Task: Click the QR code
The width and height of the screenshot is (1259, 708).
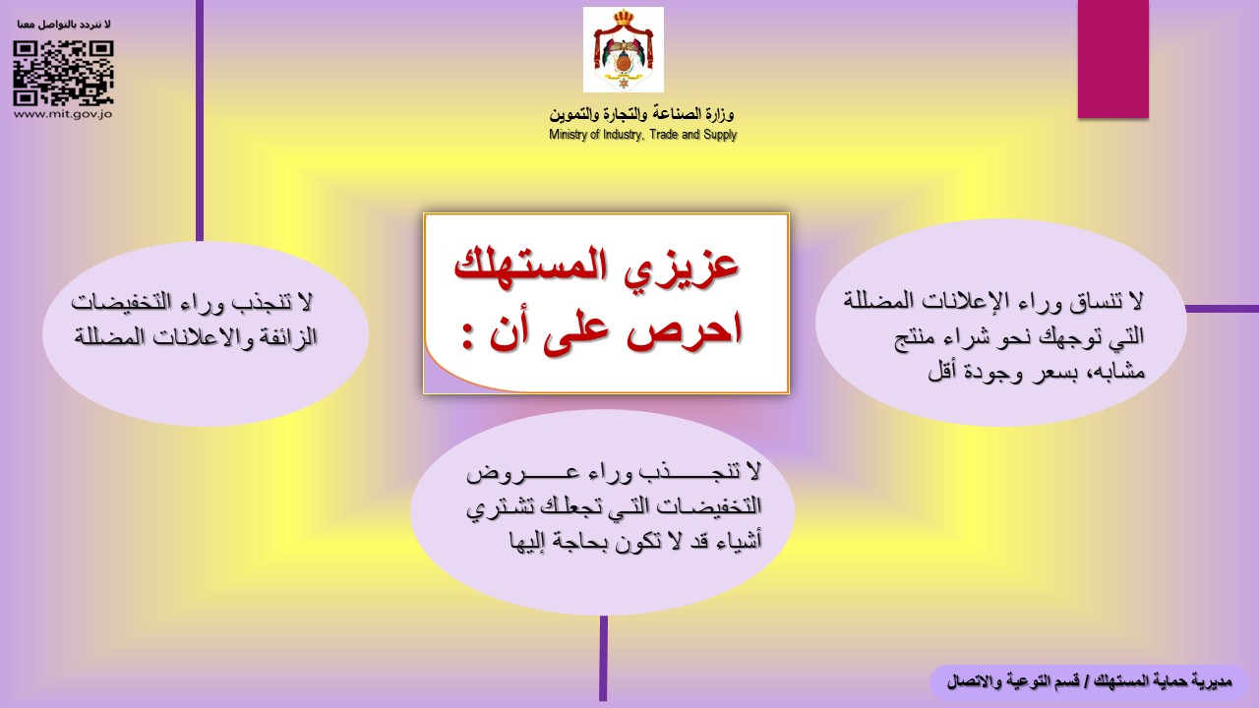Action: (x=64, y=73)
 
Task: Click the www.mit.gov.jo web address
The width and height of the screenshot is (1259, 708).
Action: (x=63, y=114)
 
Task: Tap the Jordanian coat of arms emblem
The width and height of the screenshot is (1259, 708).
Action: (x=624, y=49)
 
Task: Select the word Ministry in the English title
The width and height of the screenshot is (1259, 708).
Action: (x=569, y=135)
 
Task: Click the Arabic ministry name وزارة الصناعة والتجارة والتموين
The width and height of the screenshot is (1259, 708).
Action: (x=642, y=114)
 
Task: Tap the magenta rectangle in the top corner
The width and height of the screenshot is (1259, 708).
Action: (x=1112, y=59)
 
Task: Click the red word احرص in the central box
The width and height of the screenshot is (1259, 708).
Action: (x=684, y=328)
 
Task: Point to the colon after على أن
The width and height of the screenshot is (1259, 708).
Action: (x=467, y=335)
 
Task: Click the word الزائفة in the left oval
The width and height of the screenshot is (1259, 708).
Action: (x=286, y=337)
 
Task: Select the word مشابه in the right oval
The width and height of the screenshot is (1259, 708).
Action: (x=1112, y=372)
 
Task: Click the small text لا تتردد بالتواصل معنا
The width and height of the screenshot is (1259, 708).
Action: (x=64, y=25)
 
